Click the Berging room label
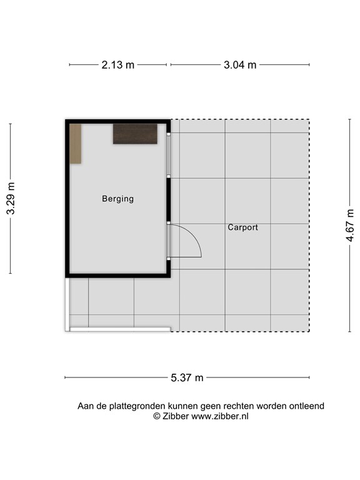point(117,199)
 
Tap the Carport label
point(242,227)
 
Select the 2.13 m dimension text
point(117,64)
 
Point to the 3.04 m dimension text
point(240,64)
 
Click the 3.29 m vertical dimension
point(11,199)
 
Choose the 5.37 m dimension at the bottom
point(187,377)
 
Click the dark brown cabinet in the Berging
point(134,134)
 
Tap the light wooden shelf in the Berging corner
point(76,144)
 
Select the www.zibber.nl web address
point(219,416)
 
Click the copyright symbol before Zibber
point(156,416)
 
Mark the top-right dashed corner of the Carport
point(309,120)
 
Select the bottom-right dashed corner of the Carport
point(309,331)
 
